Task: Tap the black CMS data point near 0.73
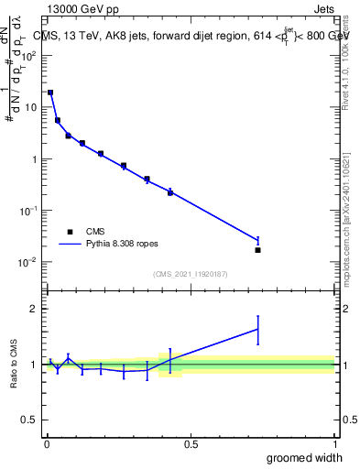coord(257,250)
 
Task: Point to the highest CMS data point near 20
coord(50,93)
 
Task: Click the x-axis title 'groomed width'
coord(300,458)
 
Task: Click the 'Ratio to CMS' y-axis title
coord(15,364)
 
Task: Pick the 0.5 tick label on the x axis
coord(191,444)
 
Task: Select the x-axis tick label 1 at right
coord(334,444)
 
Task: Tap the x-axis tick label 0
coord(47,444)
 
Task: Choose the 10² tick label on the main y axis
coord(29,54)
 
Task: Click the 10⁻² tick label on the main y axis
coord(29,262)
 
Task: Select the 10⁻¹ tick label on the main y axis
coord(29,211)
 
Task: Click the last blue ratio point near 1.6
coord(257,329)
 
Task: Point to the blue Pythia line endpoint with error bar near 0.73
coord(257,240)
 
